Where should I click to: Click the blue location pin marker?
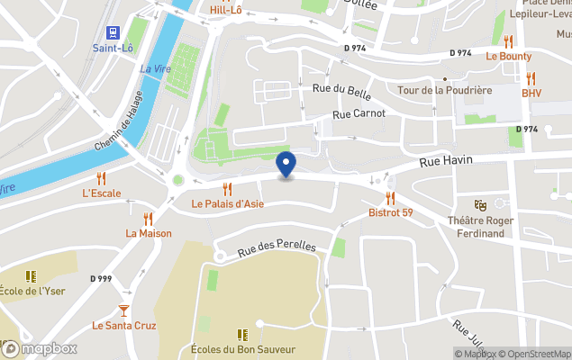(x=286, y=165)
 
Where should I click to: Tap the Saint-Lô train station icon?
(x=113, y=31)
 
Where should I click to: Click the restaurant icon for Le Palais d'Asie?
(x=227, y=188)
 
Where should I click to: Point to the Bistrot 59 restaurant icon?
(x=390, y=197)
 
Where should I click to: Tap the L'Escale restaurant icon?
(x=101, y=177)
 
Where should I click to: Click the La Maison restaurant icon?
(x=148, y=218)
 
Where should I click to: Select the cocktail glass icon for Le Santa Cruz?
(x=123, y=310)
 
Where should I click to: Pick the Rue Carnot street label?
(x=359, y=113)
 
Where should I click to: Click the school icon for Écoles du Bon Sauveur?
(x=242, y=334)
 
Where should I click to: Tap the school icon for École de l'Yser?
(x=31, y=276)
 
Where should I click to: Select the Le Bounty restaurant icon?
(x=508, y=40)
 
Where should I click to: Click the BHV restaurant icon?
(x=531, y=77)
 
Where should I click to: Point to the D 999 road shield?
(x=101, y=279)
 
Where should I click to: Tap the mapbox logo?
(x=40, y=348)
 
